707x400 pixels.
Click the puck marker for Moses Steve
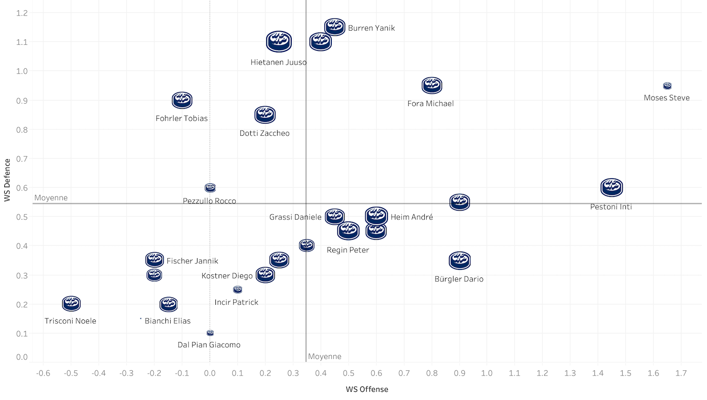667,86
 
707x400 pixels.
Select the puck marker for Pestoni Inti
611,188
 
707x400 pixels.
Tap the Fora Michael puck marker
432,85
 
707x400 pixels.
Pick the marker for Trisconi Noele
71,303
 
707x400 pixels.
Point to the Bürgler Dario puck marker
460,260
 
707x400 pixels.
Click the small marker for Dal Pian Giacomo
210,333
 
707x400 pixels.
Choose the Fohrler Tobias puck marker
182,100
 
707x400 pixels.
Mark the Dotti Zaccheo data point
265,114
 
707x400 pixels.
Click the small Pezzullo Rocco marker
210,188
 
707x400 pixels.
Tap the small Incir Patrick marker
238,289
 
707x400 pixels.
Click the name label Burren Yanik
371,28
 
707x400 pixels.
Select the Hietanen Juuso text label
279,62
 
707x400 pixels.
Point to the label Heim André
411,217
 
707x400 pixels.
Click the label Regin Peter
348,250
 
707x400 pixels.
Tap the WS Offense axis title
367,389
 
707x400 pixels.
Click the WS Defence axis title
7,180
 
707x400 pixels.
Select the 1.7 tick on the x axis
681,373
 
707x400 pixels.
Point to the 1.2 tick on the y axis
22,13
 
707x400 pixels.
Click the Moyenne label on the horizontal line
51,198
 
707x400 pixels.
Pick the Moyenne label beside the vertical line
325,357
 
